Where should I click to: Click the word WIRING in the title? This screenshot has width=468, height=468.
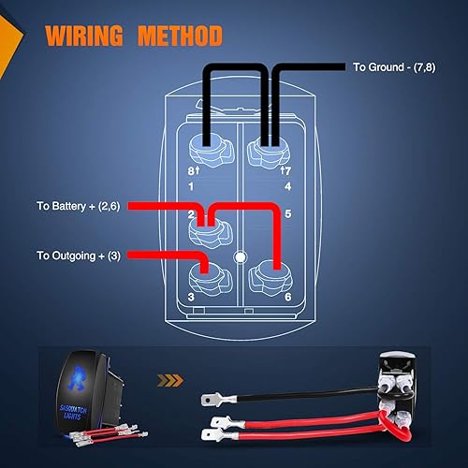(x=85, y=37)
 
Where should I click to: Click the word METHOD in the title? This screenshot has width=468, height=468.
(x=180, y=37)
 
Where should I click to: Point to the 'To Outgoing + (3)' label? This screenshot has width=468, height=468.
(x=80, y=255)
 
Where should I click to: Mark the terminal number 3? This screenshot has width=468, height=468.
(x=191, y=297)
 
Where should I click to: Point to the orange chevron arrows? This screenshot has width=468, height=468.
(x=170, y=381)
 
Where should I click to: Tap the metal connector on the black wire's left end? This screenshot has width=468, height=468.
(x=211, y=399)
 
